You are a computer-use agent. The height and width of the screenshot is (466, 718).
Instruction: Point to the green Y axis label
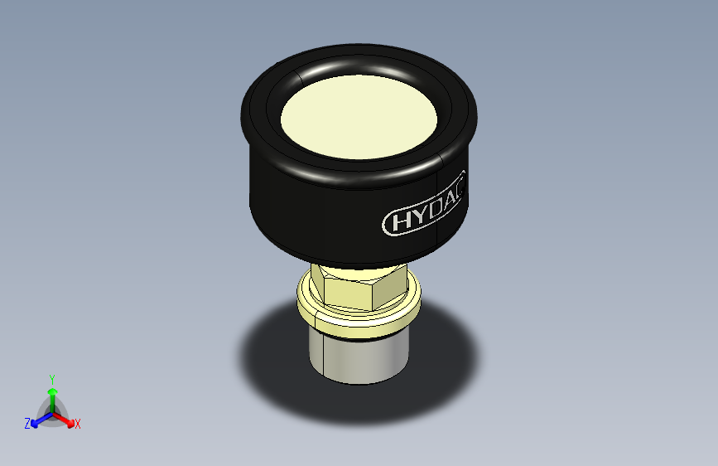pyautogui.click(x=51, y=376)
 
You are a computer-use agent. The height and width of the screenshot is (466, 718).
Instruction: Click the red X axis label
pyautogui.click(x=78, y=424)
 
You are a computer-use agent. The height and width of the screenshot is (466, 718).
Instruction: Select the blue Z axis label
pyautogui.click(x=27, y=423)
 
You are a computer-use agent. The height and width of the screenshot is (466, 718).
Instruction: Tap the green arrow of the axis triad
pyautogui.click(x=51, y=394)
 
